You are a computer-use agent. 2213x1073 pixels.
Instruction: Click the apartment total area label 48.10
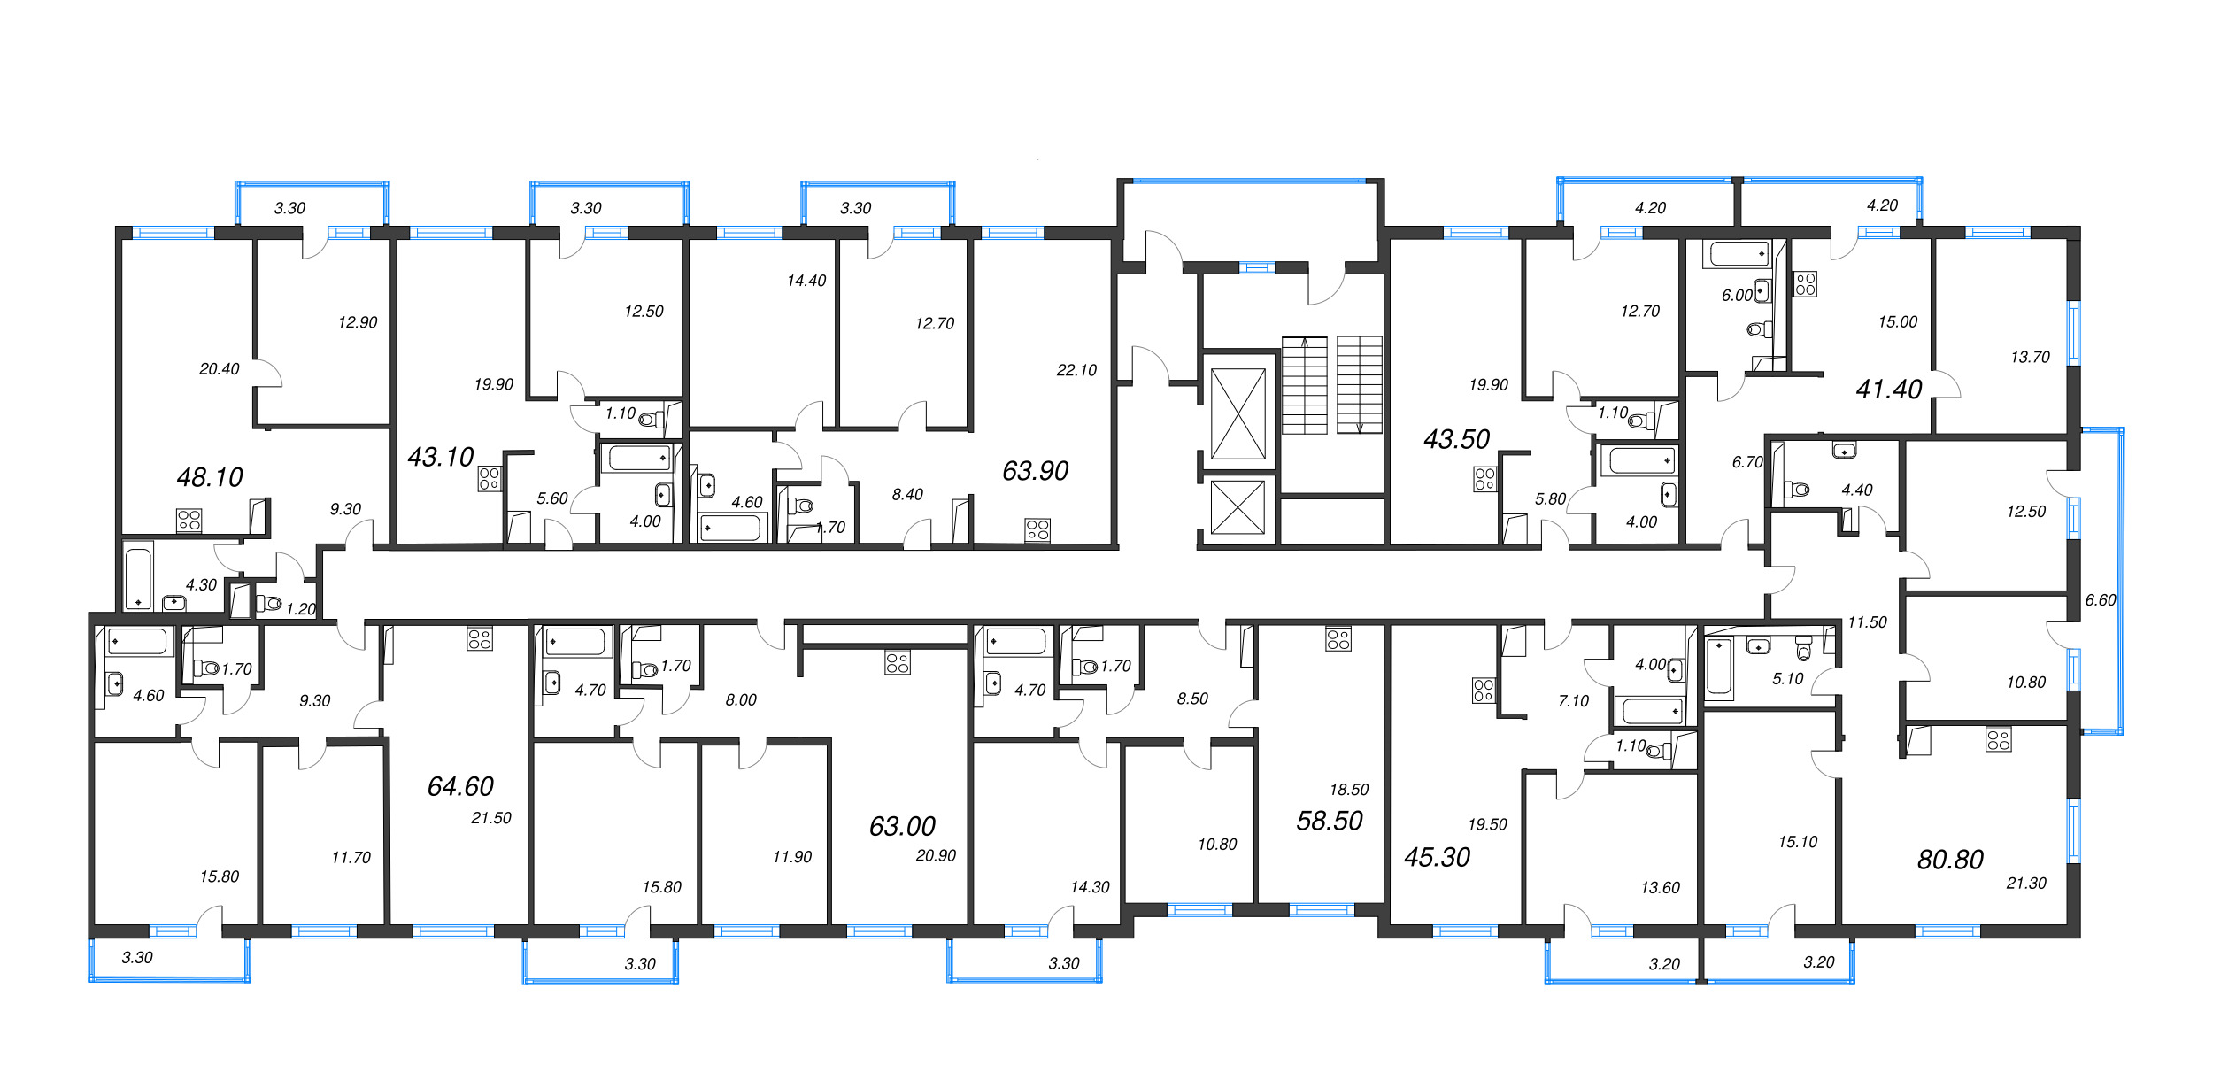coord(210,477)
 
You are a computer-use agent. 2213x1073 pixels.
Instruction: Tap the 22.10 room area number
coord(1076,370)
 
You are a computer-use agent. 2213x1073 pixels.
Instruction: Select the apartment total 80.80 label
coord(1949,859)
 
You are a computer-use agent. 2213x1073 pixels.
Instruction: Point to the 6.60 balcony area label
coord(2100,599)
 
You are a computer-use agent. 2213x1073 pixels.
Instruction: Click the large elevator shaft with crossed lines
coord(1238,413)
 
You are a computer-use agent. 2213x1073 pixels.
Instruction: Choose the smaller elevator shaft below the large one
coord(1238,507)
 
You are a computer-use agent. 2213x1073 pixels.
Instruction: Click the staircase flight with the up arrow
coord(1304,384)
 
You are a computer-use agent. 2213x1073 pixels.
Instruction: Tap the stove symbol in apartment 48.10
coord(189,520)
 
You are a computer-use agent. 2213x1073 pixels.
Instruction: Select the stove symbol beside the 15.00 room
coord(1805,284)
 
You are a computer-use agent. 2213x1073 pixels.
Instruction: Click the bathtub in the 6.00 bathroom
coord(1739,254)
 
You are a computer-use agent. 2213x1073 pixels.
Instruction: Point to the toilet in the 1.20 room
coord(267,604)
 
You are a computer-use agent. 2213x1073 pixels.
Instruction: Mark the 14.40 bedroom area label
coord(806,281)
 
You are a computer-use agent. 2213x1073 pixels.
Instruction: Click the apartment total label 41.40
coord(1888,389)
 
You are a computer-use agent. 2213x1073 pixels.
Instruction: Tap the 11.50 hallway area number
coord(1867,622)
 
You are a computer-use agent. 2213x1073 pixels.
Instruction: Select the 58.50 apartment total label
coord(1329,821)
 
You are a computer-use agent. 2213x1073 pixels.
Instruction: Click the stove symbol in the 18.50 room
coord(1338,639)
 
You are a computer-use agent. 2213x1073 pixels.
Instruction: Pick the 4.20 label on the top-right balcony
coord(1882,205)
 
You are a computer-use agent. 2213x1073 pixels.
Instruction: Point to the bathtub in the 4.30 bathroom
coord(138,578)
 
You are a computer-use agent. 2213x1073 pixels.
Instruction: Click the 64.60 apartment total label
coord(460,786)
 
